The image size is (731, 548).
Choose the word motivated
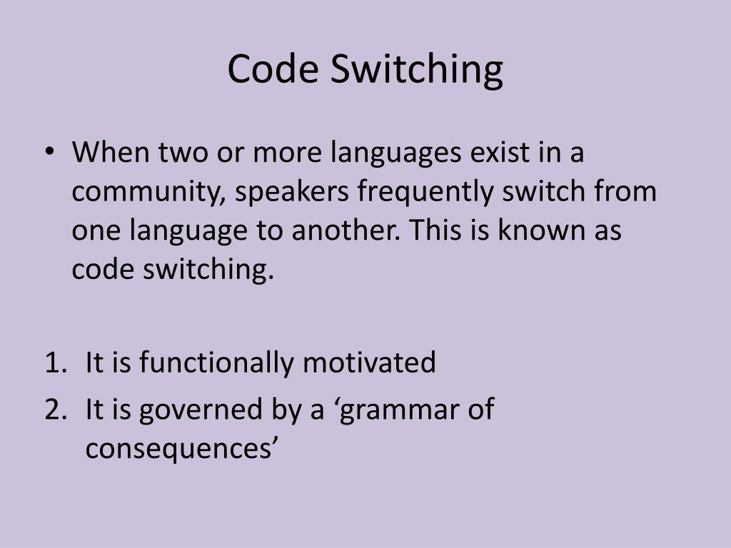tap(368, 362)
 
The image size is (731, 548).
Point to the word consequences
tap(178, 450)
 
